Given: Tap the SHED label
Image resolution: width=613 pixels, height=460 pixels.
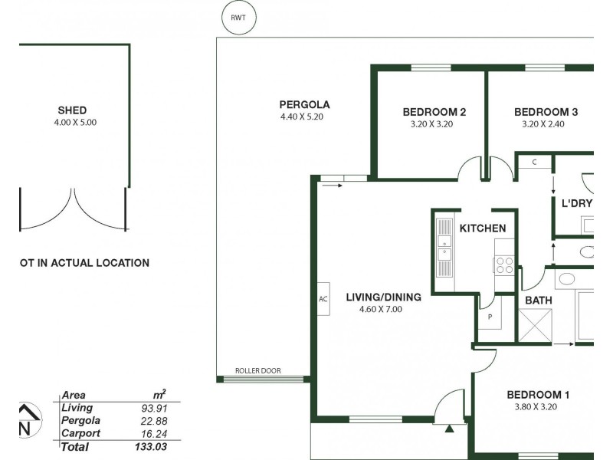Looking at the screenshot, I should click(72, 110).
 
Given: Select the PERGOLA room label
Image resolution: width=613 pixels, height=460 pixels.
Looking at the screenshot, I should click(304, 104).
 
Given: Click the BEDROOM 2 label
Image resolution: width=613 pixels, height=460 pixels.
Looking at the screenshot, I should click(434, 112).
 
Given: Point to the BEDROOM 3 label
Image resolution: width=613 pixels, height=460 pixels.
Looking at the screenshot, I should click(546, 112).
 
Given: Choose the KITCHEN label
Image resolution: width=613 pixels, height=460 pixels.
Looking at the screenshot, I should click(482, 228).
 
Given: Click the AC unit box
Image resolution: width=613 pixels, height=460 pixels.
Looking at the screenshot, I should click(323, 299).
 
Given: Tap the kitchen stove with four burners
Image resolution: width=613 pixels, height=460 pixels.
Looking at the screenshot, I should click(505, 264).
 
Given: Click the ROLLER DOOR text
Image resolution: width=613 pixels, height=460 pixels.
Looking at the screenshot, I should click(259, 371).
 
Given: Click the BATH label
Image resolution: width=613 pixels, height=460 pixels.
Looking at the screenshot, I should click(539, 301).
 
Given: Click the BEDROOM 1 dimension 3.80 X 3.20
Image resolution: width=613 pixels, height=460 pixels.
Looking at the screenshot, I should click(537, 407).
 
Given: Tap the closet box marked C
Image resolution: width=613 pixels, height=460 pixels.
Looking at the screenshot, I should click(533, 162).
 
